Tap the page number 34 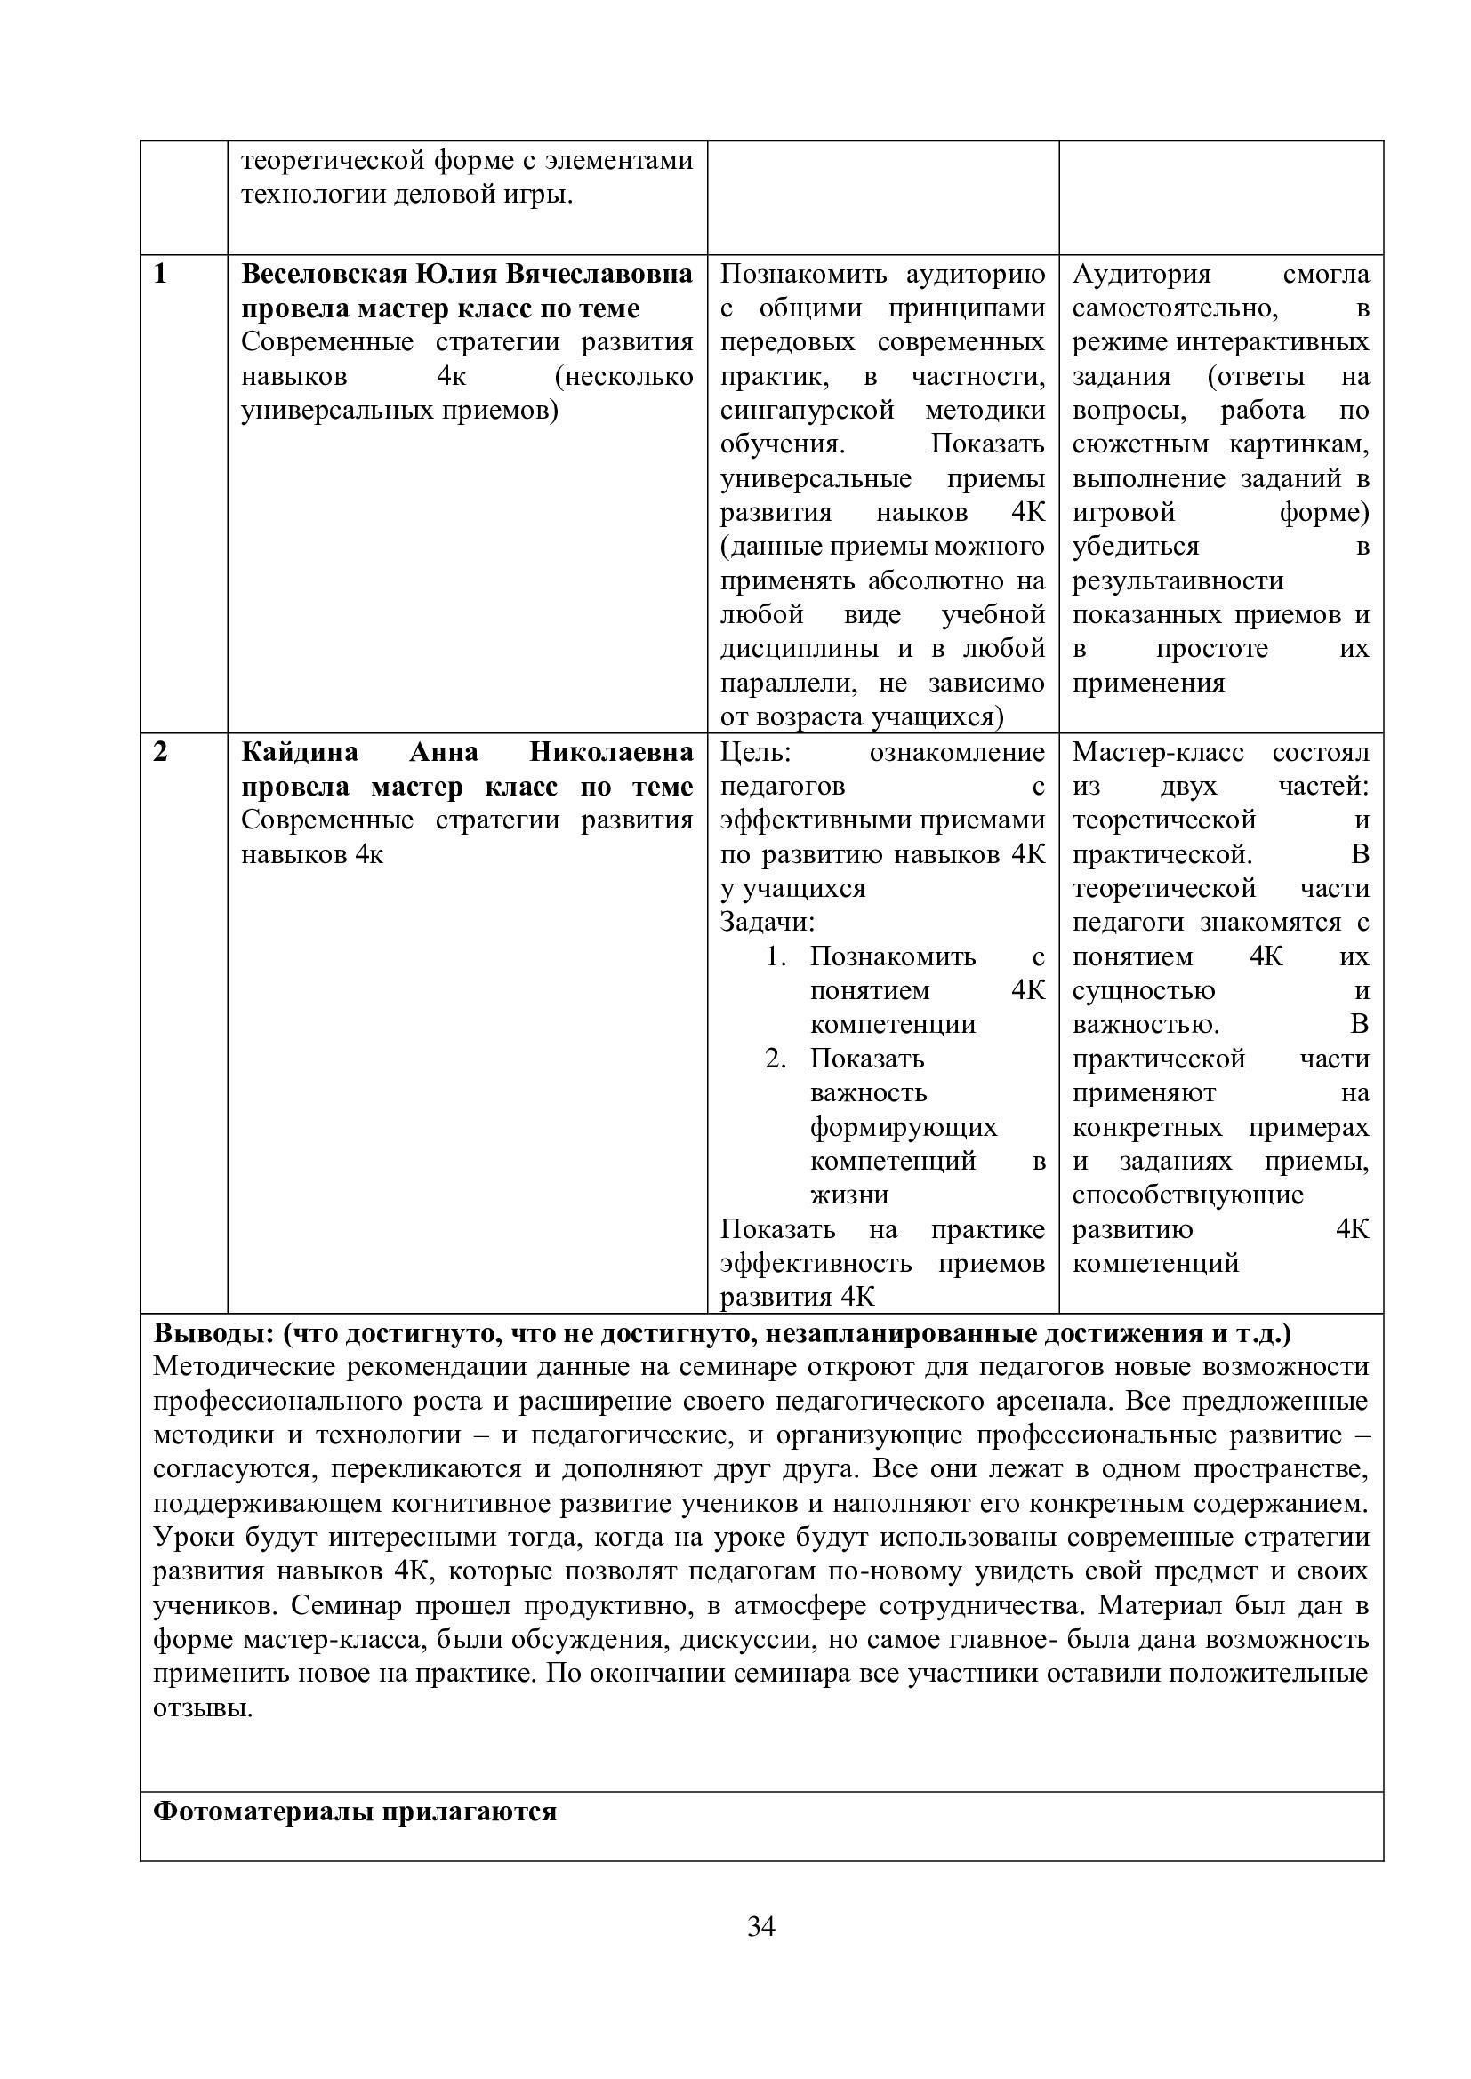point(761,1926)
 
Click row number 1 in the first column point(161,274)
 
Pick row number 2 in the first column point(161,752)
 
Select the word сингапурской point(807,410)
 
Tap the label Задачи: point(768,922)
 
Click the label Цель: point(755,752)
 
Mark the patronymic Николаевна point(611,752)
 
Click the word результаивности point(1178,580)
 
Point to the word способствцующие point(1187,1195)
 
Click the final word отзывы point(202,1707)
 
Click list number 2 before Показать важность point(775,1059)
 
